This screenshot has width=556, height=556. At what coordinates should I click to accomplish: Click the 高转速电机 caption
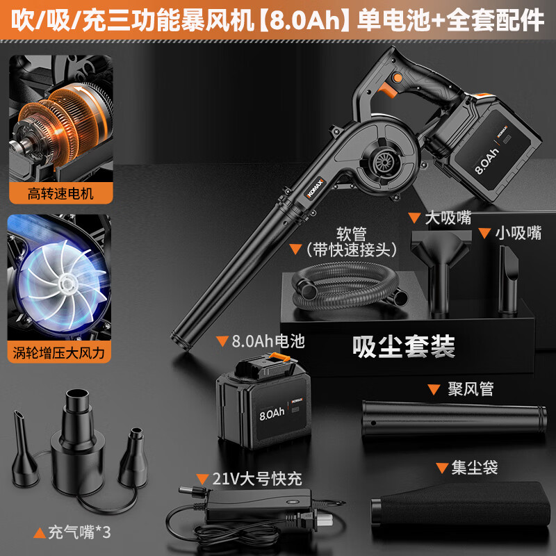(x=60, y=194)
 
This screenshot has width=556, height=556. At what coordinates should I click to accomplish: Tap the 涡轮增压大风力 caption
(x=59, y=353)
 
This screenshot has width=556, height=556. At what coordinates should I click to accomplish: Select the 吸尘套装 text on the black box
(x=404, y=346)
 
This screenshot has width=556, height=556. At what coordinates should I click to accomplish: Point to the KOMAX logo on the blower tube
(x=315, y=188)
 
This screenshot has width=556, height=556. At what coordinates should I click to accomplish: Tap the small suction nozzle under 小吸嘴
(x=508, y=280)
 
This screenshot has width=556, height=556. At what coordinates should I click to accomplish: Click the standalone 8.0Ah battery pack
(x=264, y=402)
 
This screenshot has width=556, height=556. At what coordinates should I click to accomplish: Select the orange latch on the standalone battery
(x=279, y=357)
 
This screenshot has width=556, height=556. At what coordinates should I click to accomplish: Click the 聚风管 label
(x=471, y=389)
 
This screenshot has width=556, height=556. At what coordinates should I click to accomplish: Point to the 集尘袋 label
(x=475, y=467)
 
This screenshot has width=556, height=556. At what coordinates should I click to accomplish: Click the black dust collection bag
(x=460, y=503)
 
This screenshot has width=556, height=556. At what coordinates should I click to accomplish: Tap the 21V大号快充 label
(x=257, y=479)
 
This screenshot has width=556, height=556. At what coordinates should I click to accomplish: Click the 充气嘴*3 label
(x=79, y=532)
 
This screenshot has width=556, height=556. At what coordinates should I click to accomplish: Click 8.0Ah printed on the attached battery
(x=486, y=161)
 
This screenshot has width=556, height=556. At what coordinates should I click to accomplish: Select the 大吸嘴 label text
(x=448, y=218)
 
